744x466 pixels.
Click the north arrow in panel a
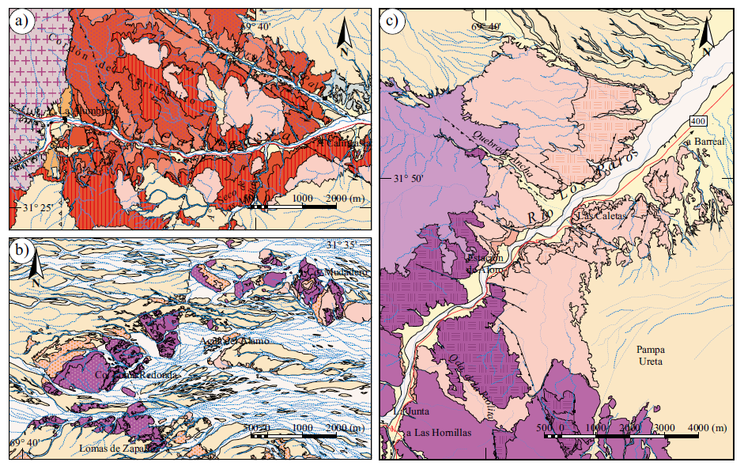343,33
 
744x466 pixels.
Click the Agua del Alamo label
235,341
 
